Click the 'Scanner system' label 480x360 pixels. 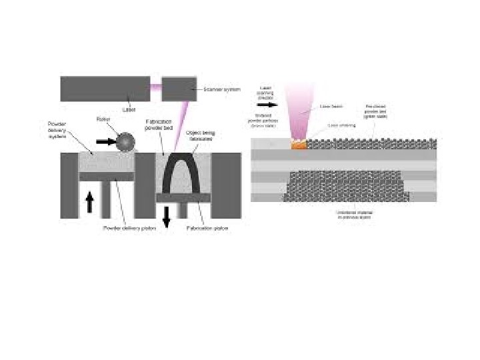(x=221, y=89)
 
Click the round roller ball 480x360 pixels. (x=123, y=141)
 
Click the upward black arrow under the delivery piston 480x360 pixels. (x=90, y=201)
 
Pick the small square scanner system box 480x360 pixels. (x=179, y=89)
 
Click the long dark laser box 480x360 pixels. (x=105, y=89)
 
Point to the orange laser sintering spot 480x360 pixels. (x=299, y=143)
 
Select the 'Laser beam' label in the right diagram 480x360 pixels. (x=331, y=105)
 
